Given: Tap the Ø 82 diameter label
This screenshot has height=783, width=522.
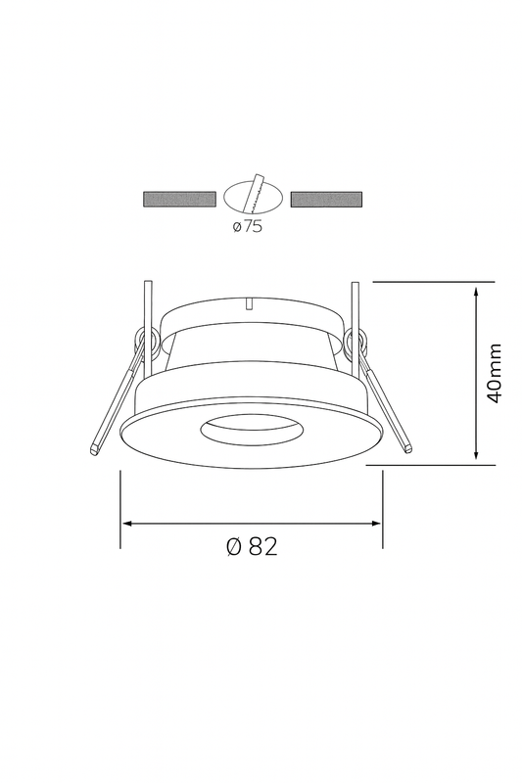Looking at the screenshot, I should point(252,547).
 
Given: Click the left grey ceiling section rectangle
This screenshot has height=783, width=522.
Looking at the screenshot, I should point(179,199).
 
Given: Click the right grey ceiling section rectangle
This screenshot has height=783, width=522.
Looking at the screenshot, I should point(326,199).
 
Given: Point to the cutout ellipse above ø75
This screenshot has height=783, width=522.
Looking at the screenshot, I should point(253,196).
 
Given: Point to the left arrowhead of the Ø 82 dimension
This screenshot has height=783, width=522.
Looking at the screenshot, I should point(124,524).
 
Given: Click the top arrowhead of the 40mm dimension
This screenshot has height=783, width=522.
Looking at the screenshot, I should point(476,290).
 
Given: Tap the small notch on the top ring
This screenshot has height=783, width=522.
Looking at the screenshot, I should point(252,302).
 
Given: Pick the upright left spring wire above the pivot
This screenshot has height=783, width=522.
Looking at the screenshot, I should point(145,303).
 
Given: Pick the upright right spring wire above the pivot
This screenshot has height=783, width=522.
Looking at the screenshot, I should point(355,303).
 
